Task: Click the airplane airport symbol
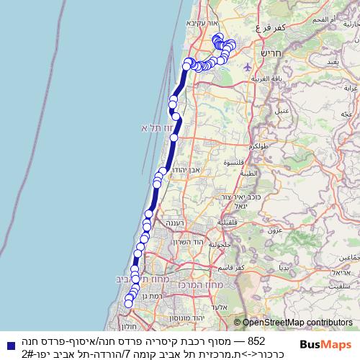pyautogui.click(x=248, y=66)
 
